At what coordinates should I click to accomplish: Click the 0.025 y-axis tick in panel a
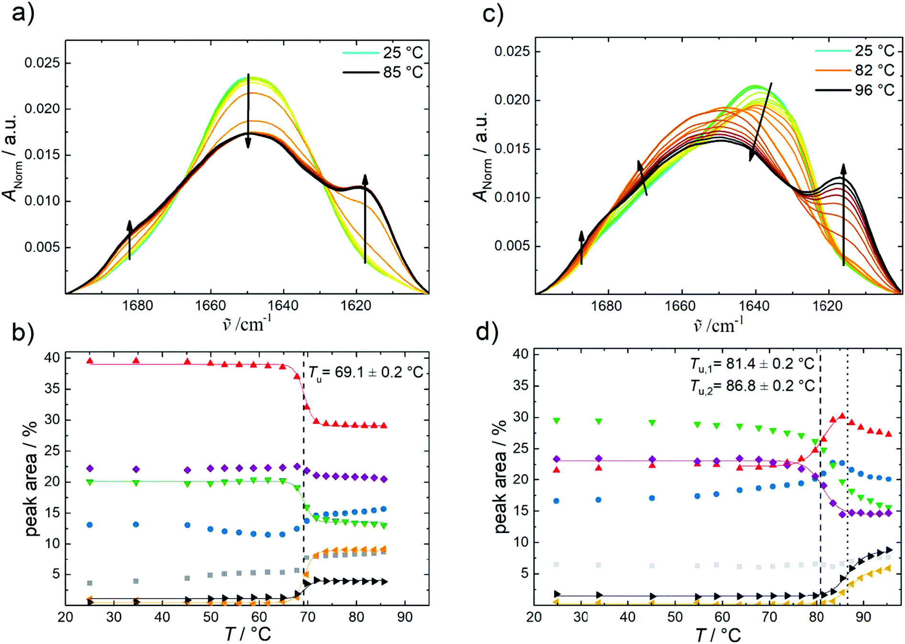point(42,63)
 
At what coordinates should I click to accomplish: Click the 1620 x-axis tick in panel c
point(828,306)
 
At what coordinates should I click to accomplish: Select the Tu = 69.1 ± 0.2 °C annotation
point(366,372)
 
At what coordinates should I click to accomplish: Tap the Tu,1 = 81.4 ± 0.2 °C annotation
point(752,364)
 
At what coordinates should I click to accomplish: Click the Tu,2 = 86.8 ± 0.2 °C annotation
point(752,386)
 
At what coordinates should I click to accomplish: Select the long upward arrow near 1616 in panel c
point(843,215)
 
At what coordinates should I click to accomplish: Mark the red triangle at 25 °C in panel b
point(89,361)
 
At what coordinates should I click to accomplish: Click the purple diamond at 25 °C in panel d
point(556,459)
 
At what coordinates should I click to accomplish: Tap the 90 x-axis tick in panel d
point(863,617)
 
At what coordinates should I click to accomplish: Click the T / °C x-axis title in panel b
point(248,634)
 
